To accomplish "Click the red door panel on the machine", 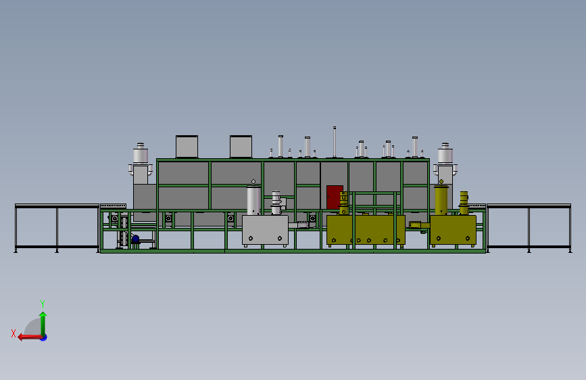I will pyautogui.click(x=335, y=197).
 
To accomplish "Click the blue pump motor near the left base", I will pyautogui.click(x=135, y=239).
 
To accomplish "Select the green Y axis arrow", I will pyautogui.click(x=43, y=321).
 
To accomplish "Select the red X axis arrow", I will pyautogui.click(x=27, y=337).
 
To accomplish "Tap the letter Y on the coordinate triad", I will pyautogui.click(x=42, y=304).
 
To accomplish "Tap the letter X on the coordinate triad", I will pyautogui.click(x=14, y=333).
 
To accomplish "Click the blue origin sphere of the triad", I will pyautogui.click(x=43, y=337).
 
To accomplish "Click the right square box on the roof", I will pyautogui.click(x=241, y=146).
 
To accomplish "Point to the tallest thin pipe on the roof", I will pyautogui.click(x=334, y=142).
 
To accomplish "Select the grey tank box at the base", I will pyautogui.click(x=265, y=230).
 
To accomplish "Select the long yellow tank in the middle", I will pyautogui.click(x=366, y=230).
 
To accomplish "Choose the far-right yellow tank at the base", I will pyautogui.click(x=453, y=229).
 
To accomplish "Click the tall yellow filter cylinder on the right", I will pyautogui.click(x=441, y=199).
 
